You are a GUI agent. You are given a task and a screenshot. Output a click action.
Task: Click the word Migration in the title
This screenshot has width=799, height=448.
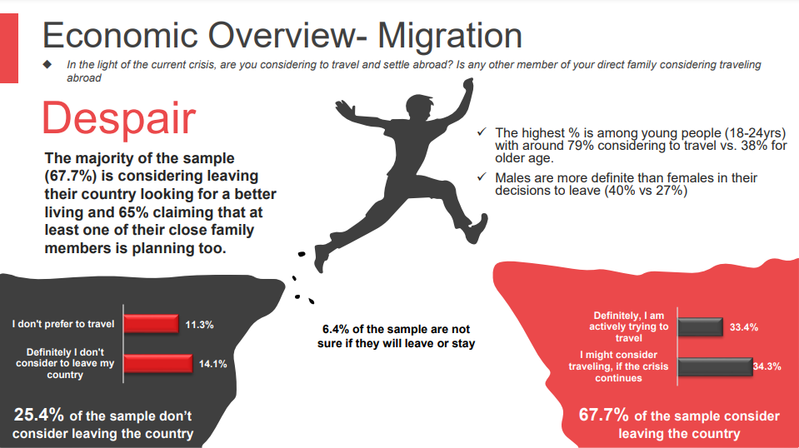pyautogui.click(x=449, y=36)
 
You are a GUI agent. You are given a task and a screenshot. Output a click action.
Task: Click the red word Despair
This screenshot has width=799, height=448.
pyautogui.click(x=119, y=118)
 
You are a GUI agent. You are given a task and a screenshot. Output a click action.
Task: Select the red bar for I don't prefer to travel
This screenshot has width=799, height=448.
pyautogui.click(x=152, y=324)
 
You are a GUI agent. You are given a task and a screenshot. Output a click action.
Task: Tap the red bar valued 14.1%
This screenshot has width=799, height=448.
pyautogui.click(x=158, y=364)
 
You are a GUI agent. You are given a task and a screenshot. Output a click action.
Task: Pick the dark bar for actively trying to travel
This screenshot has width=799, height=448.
pyautogui.click(x=701, y=326)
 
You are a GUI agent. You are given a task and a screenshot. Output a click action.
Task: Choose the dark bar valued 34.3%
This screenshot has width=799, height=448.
pyautogui.click(x=716, y=366)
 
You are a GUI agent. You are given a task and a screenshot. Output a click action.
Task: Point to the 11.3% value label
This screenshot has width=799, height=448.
pyautogui.click(x=199, y=325)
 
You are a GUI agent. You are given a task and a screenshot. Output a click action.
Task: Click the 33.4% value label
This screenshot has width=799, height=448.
pyautogui.click(x=744, y=327)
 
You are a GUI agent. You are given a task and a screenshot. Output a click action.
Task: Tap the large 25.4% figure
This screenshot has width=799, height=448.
pyautogui.click(x=38, y=415)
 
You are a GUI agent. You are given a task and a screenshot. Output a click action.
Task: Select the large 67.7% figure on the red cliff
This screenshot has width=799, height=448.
pyautogui.click(x=604, y=415)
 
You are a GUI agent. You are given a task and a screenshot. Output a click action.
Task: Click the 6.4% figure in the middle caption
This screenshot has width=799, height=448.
pyautogui.click(x=336, y=330)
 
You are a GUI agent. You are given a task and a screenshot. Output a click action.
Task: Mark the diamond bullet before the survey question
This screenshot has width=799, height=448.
pyautogui.click(x=47, y=65)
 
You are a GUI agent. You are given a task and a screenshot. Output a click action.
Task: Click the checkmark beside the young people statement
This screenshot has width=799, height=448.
pyautogui.click(x=482, y=132)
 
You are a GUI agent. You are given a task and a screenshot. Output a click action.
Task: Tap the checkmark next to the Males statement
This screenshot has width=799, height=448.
pyautogui.click(x=482, y=177)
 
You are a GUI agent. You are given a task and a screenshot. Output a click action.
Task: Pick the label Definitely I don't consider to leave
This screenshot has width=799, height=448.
pyautogui.click(x=65, y=364)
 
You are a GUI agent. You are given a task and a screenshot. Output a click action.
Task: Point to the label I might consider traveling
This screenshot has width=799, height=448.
pyautogui.click(x=618, y=366)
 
